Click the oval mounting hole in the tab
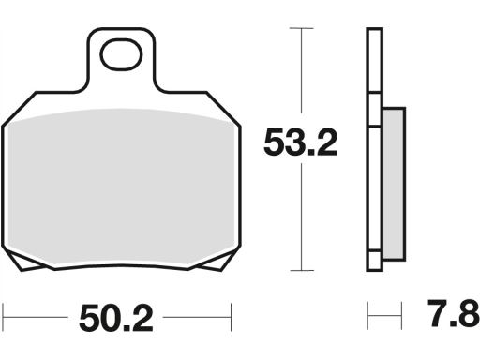[x=121, y=53]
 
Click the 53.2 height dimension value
[x=301, y=143]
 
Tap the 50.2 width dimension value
[x=116, y=318]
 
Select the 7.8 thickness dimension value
[x=454, y=313]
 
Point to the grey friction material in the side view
[x=394, y=184]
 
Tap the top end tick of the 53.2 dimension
[x=301, y=28]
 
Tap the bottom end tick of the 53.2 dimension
[x=302, y=271]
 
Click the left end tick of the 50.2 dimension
[x=3, y=317]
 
